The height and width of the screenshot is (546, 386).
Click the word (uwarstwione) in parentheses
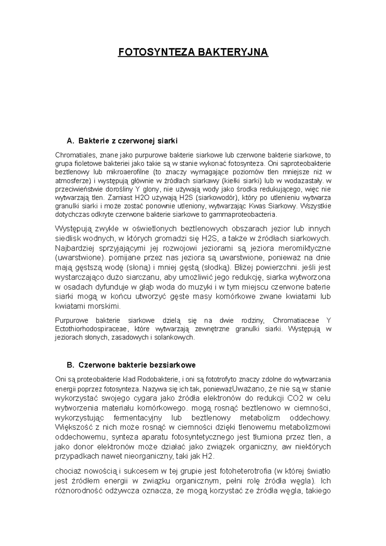tap(80, 258)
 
